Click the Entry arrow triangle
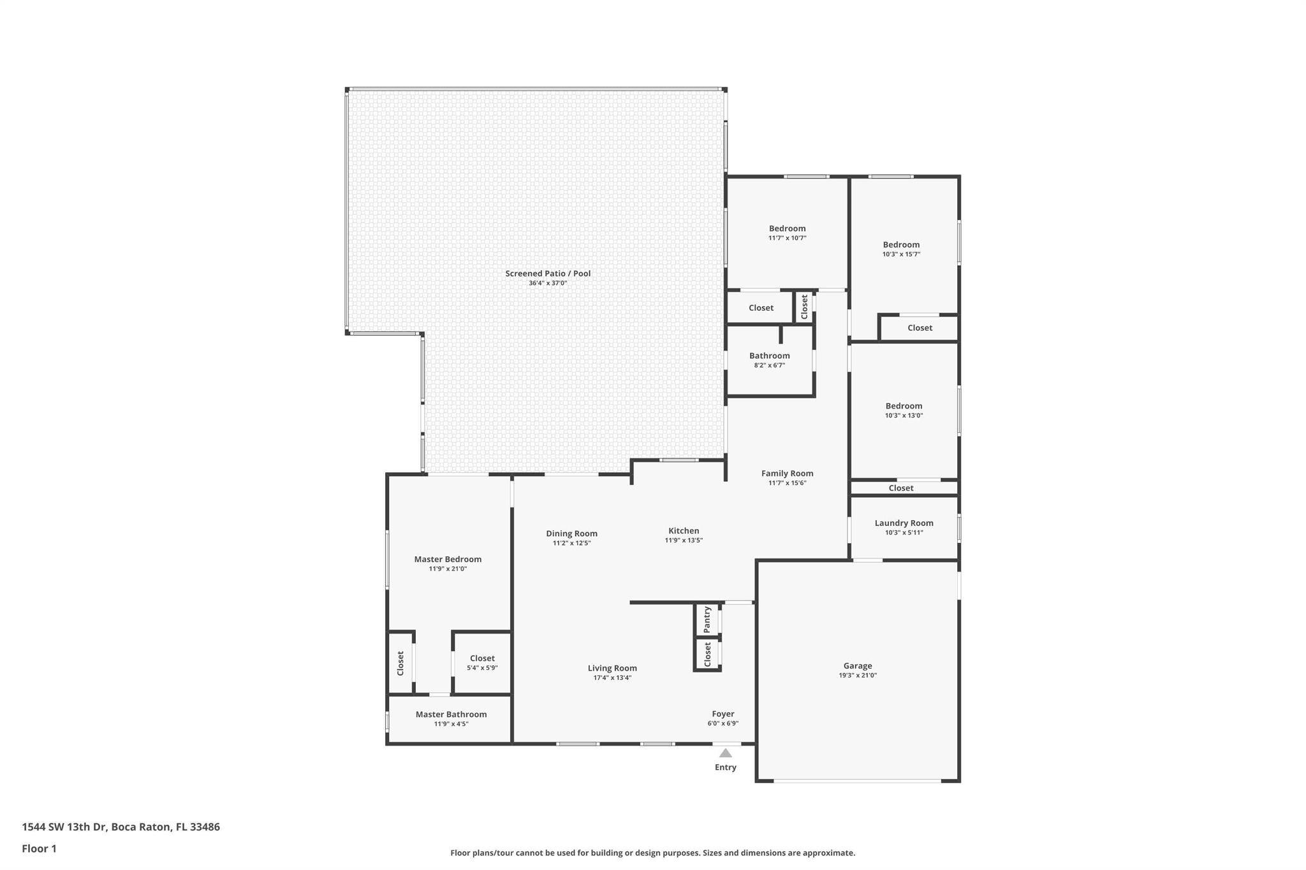pyautogui.click(x=726, y=753)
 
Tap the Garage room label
pyautogui.click(x=858, y=665)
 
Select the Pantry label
pyautogui.click(x=707, y=620)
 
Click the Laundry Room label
pyautogui.click(x=904, y=523)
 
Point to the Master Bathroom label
pyautogui.click(x=451, y=714)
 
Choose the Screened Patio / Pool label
pyautogui.click(x=548, y=273)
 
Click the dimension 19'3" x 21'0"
pyautogui.click(x=858, y=676)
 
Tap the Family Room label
pyautogui.click(x=787, y=473)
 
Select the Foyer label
pyautogui.click(x=723, y=714)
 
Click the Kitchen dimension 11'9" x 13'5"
pyautogui.click(x=684, y=540)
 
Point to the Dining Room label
pyautogui.click(x=571, y=533)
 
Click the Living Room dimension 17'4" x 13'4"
pyautogui.click(x=612, y=678)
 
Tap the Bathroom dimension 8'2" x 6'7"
pyautogui.click(x=769, y=366)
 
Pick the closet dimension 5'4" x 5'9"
pyautogui.click(x=482, y=668)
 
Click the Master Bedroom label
pyautogui.click(x=448, y=559)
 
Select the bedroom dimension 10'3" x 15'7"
pyautogui.click(x=901, y=254)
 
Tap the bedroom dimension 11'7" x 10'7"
pyautogui.click(x=787, y=238)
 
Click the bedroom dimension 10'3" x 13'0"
pyautogui.click(x=904, y=416)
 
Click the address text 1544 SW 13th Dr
pyautogui.click(x=64, y=827)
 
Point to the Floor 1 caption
pyautogui.click(x=39, y=848)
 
